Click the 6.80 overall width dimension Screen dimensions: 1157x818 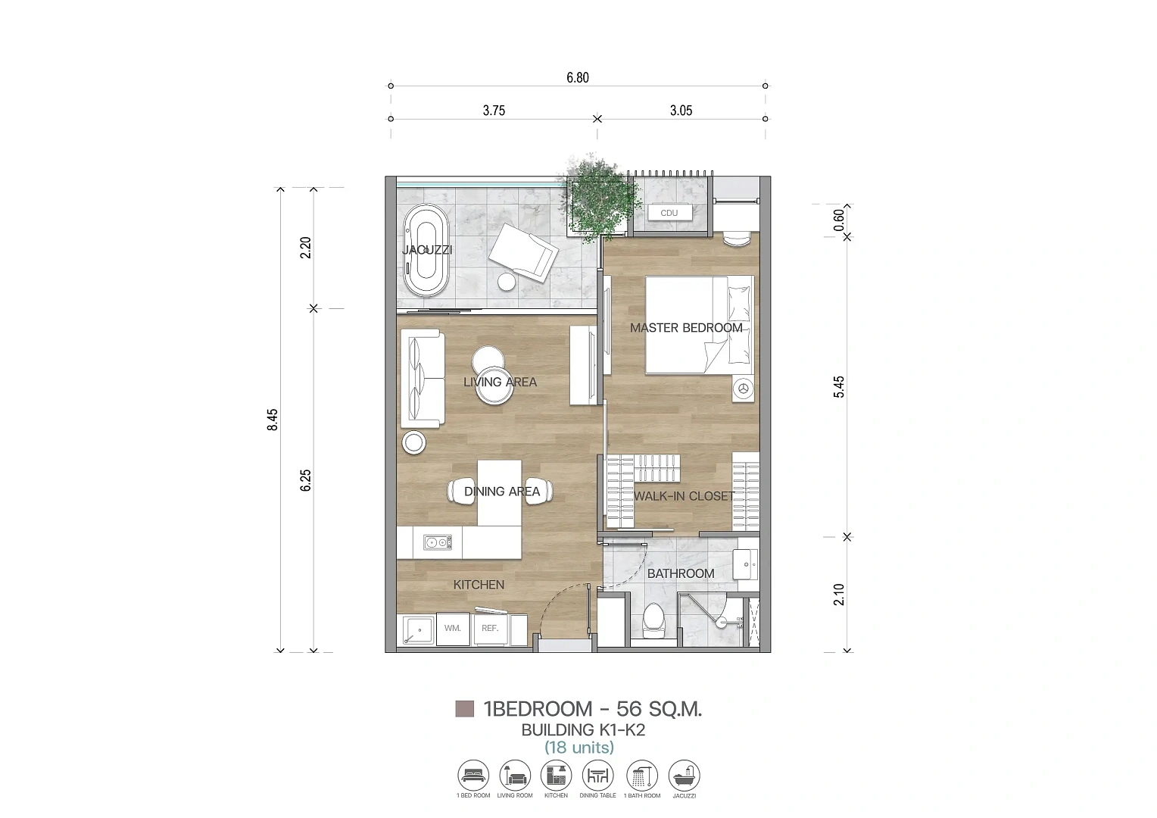(578, 77)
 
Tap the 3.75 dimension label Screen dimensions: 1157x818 (494, 111)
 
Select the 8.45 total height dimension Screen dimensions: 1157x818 (272, 420)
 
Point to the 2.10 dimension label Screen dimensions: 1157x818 (839, 595)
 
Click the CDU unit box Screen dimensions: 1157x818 (669, 213)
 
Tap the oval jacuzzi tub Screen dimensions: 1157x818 (426, 251)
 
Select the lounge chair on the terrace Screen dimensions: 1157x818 (523, 253)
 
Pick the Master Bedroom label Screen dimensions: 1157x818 (686, 328)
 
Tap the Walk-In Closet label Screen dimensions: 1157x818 (683, 496)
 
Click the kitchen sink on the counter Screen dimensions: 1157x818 (437, 542)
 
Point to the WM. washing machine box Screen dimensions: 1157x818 (453, 629)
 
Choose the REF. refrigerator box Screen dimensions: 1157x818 (490, 629)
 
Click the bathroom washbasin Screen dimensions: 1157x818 (745, 564)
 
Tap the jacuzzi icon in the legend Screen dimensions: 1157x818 (684, 776)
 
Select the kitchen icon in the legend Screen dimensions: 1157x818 (557, 776)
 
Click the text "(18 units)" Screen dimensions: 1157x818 (579, 748)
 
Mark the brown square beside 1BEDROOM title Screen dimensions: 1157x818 (464, 708)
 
